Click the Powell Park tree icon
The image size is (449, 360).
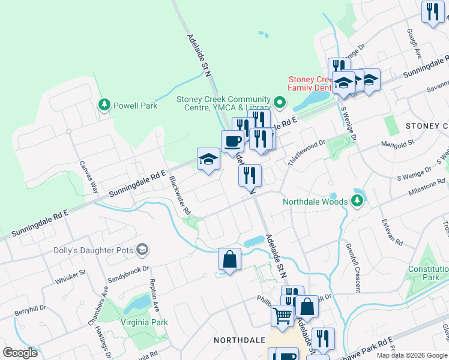(x=104, y=105)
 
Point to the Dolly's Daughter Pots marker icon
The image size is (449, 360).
(x=142, y=249)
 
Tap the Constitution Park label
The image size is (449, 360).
(x=428, y=273)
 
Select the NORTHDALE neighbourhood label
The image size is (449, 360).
(x=240, y=340)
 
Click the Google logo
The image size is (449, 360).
(x=20, y=352)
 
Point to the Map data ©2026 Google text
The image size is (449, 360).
(x=411, y=355)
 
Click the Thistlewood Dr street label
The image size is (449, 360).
(x=306, y=153)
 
